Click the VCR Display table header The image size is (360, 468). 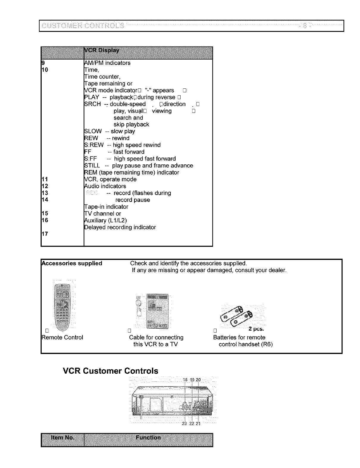102,50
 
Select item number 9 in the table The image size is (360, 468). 43,63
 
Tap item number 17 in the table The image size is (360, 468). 45,234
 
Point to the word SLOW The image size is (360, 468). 93,131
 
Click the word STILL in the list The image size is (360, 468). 92,166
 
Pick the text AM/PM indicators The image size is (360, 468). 107,63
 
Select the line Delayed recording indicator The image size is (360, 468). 120,227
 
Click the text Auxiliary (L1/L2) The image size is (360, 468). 106,221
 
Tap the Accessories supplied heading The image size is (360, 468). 72,263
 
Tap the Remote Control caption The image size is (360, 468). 62,338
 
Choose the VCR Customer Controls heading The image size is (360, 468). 111,371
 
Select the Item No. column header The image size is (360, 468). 63,438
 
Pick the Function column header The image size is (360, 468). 148,438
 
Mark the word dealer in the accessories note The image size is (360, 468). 277,270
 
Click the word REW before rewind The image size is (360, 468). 91,138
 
